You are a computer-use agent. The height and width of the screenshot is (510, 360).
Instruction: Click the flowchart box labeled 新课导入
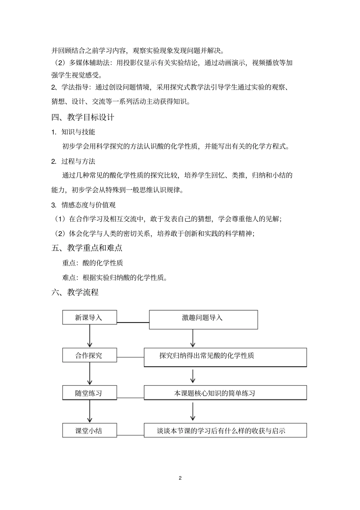(x=89, y=318)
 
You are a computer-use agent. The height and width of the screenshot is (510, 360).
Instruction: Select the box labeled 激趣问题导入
(x=203, y=319)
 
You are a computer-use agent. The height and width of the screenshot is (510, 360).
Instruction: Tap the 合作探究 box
(x=89, y=355)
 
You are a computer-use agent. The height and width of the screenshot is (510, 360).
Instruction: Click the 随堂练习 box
(x=89, y=393)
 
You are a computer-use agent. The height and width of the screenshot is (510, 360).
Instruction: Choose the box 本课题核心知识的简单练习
(x=225, y=393)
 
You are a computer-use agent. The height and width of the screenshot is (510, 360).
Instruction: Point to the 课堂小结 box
(x=89, y=430)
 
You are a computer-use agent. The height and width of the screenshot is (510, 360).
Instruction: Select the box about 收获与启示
(x=225, y=430)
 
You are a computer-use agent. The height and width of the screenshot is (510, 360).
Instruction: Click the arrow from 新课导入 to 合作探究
(x=90, y=336)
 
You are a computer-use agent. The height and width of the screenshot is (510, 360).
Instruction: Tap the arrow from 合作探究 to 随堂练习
(x=90, y=374)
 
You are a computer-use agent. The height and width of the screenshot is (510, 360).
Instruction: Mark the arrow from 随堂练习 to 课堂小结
(x=90, y=411)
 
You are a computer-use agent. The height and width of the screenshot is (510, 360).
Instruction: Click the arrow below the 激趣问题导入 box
(x=193, y=338)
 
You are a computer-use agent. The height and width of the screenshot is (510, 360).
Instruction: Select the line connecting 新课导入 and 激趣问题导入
(x=133, y=322)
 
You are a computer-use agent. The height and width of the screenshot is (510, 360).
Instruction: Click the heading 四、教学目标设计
(x=83, y=117)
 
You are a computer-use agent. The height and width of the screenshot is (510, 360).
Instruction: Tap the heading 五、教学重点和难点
(x=87, y=248)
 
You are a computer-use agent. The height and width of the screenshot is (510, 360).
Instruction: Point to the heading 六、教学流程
(x=75, y=292)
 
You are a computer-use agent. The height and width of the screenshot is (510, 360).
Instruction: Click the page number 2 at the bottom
(x=180, y=478)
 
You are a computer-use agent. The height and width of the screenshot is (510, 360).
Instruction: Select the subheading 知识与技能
(x=78, y=132)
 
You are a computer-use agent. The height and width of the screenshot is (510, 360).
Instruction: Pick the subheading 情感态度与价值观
(x=88, y=205)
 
